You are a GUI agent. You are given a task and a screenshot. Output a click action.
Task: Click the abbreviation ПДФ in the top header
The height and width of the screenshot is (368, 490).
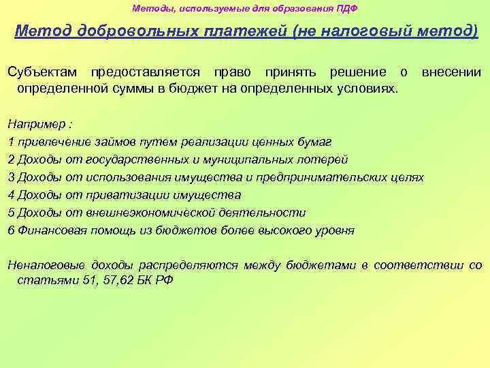(x=346, y=9)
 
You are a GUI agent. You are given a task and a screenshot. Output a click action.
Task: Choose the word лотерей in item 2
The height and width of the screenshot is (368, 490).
(x=326, y=159)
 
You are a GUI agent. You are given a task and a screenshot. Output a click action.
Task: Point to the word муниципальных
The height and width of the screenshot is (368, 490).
(x=261, y=159)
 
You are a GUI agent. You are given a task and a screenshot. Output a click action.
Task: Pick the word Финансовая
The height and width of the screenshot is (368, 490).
(x=47, y=230)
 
